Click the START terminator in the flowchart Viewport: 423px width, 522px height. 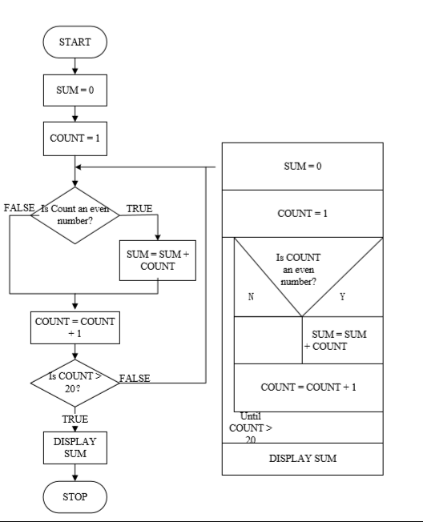click(75, 42)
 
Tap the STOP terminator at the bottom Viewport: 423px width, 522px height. click(75, 496)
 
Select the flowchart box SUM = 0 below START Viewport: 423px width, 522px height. click(75, 90)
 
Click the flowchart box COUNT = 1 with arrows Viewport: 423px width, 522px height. click(75, 139)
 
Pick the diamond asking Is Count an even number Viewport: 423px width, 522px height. click(75, 215)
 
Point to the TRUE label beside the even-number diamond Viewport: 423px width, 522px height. click(139, 208)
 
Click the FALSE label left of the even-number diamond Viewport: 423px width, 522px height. click(19, 207)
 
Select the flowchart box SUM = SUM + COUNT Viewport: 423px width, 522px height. click(158, 260)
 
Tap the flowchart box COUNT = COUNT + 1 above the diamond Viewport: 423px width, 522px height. click(75, 327)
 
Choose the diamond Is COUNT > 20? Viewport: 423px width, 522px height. click(75, 383)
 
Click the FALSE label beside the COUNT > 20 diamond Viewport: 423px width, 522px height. click(135, 378)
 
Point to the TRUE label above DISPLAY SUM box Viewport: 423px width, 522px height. click(75, 419)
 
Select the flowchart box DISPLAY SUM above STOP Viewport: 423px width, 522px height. click(75, 448)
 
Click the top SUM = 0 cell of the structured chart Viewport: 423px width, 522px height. click(302, 167)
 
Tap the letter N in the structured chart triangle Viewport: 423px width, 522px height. click(251, 296)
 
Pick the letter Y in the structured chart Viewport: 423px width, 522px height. click(342, 296)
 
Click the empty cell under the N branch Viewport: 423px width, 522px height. click(268, 340)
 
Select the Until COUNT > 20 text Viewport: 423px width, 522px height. click(251, 428)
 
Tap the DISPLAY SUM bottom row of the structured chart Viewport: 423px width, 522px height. click(302, 459)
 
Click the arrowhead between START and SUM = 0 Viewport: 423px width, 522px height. click(75, 71)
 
